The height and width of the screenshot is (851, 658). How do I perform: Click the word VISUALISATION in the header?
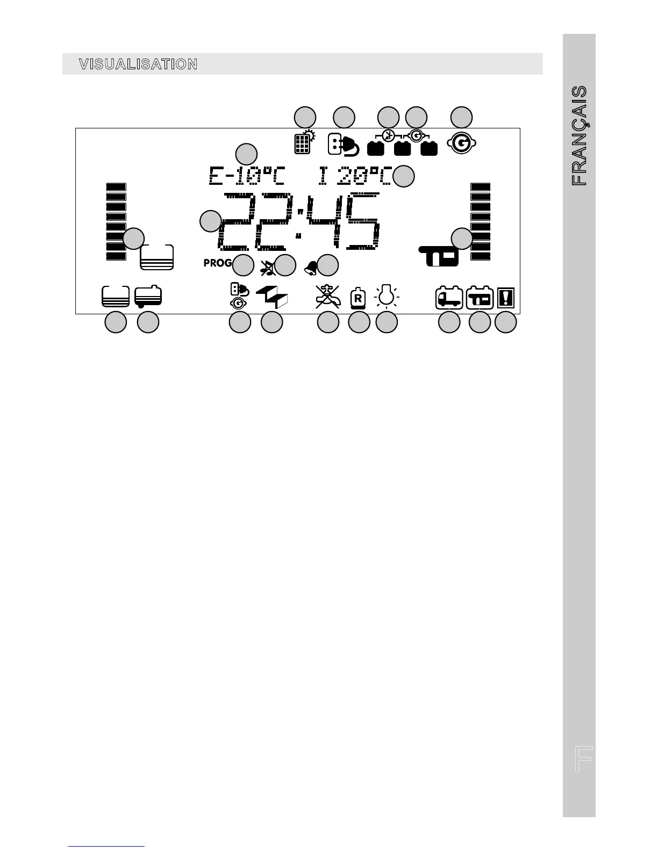tap(138, 64)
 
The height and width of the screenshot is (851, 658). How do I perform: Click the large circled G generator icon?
tap(461, 143)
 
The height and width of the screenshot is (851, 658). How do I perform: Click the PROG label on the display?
tap(218, 263)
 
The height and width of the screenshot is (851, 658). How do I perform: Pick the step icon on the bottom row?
tap(273, 297)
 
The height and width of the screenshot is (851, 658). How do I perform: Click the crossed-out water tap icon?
tap(327, 297)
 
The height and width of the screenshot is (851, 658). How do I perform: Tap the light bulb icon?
tap(386, 295)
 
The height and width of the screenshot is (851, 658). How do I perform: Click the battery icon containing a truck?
tap(449, 297)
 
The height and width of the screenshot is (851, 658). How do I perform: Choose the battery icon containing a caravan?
tap(480, 297)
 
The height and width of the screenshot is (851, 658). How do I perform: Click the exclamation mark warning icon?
tap(506, 297)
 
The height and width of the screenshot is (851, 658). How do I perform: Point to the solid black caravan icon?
tap(439, 256)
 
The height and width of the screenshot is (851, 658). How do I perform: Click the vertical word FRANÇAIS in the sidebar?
tap(579, 136)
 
